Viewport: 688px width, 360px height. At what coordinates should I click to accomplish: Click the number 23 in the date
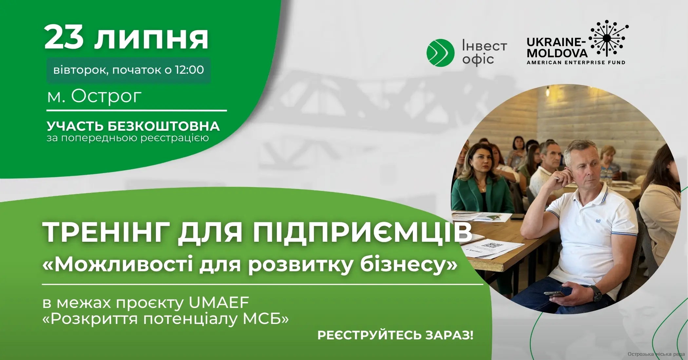pyautogui.click(x=64, y=38)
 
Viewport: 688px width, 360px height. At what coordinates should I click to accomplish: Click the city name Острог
pyautogui.click(x=106, y=96)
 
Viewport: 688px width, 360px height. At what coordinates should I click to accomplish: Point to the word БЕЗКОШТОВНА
pyautogui.click(x=163, y=126)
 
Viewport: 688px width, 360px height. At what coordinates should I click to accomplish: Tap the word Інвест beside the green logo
pyautogui.click(x=484, y=46)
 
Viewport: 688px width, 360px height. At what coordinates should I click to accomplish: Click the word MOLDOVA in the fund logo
pyautogui.click(x=557, y=53)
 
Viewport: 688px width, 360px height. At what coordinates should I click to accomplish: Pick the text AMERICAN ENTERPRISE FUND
pyautogui.click(x=576, y=62)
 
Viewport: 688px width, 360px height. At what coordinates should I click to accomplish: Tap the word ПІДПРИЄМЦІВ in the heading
pyautogui.click(x=362, y=232)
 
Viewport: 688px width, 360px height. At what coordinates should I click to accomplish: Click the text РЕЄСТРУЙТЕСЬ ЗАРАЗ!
pyautogui.click(x=395, y=335)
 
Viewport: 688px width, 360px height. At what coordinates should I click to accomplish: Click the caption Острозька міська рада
pyautogui.click(x=656, y=354)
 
